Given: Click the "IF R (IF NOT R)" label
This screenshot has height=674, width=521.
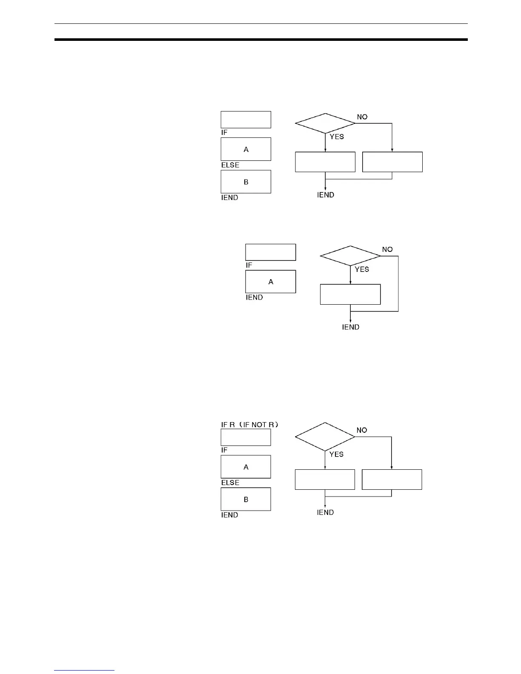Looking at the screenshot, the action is tap(249, 425).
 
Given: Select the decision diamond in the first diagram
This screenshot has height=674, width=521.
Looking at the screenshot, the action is tap(325, 123).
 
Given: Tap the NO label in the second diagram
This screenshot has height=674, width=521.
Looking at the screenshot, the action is tap(387, 249).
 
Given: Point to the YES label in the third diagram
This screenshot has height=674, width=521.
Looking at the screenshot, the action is tap(336, 454).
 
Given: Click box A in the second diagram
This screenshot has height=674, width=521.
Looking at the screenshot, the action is tap(270, 282).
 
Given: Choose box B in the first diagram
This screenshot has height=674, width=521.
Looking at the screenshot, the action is tap(246, 182).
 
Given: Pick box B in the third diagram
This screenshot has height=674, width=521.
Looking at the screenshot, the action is tap(246, 499).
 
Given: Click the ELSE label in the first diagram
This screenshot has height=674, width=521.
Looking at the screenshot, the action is tap(230, 165).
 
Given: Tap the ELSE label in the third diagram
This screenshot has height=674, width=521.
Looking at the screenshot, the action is tap(230, 483).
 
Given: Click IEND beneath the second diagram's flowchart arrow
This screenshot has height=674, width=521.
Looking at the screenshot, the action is tap(351, 327).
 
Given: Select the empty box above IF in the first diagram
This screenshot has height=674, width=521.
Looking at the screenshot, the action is tap(246, 120).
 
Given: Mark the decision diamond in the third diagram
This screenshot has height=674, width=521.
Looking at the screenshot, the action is tap(325, 437).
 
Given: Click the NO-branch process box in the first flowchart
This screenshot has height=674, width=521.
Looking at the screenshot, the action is tap(392, 162).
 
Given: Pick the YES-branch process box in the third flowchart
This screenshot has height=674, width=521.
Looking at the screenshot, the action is tap(325, 480).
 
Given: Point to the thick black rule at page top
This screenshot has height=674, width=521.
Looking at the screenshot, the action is tap(261, 40).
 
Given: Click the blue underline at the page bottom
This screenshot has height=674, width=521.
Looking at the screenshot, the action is tap(84, 670).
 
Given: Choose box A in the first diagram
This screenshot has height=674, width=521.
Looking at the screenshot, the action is tap(246, 149).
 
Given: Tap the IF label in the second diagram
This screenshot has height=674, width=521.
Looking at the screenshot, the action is tap(249, 265).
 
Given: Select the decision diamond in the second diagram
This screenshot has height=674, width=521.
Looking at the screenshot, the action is tap(350, 256).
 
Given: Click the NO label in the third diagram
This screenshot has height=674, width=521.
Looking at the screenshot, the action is tap(362, 430).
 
